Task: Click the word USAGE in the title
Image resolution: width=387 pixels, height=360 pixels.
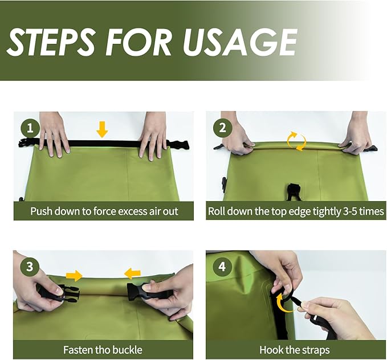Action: click(x=240, y=42)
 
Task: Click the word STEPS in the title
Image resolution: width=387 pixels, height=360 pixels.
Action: click(x=51, y=42)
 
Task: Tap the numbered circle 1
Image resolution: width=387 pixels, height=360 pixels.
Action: click(x=30, y=128)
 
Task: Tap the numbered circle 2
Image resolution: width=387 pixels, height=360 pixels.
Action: click(x=222, y=128)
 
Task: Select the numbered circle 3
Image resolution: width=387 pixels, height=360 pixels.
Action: click(x=30, y=267)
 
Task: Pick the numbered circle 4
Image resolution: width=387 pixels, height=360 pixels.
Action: click(x=222, y=267)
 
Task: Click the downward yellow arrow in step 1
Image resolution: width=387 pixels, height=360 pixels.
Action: click(x=102, y=129)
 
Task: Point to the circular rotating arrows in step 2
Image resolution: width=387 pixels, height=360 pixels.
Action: click(x=296, y=141)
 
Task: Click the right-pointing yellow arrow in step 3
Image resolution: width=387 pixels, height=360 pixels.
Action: click(x=74, y=275)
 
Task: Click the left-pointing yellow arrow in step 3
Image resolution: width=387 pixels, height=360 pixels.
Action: click(x=132, y=273)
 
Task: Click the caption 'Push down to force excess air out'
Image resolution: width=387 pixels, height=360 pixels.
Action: click(x=104, y=211)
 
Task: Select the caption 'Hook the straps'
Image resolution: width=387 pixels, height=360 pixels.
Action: click(x=295, y=350)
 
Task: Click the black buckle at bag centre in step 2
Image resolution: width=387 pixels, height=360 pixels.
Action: click(x=293, y=191)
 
